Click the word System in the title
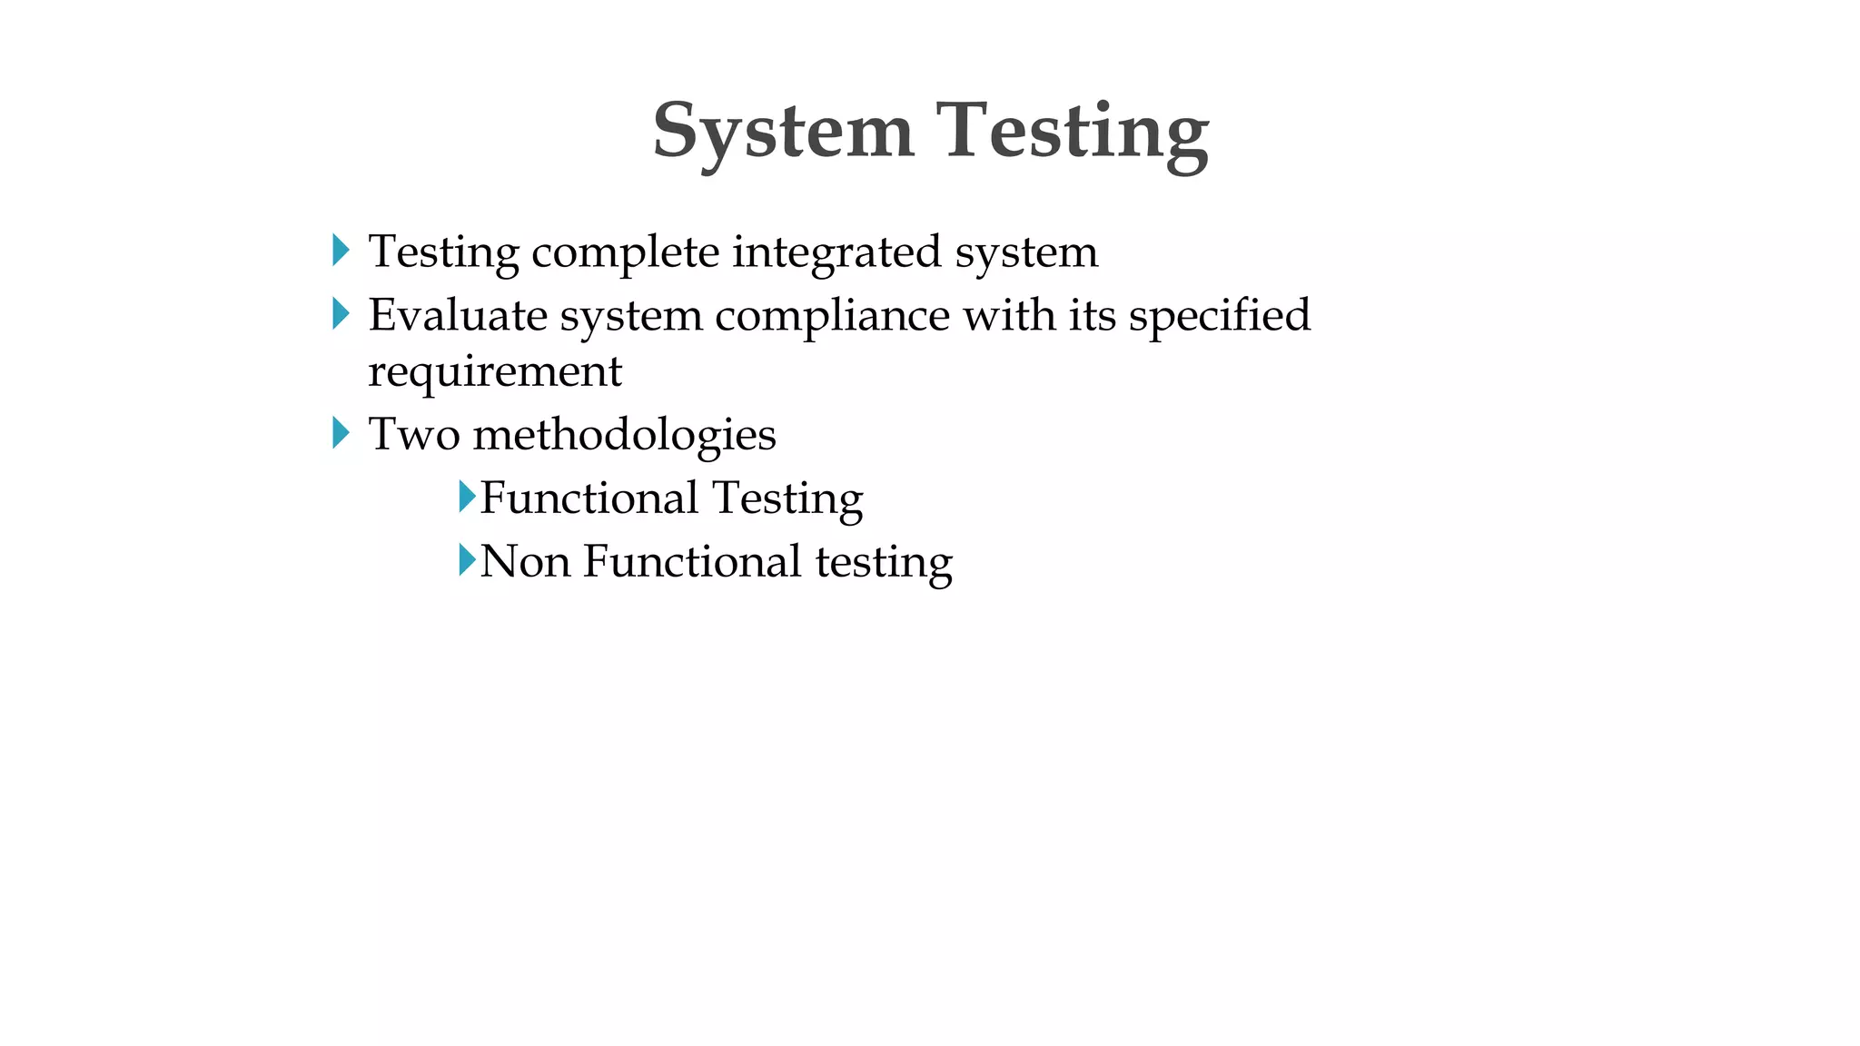783,132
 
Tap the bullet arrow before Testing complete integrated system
341,250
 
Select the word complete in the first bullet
625,252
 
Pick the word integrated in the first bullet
836,252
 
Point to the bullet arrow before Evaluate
341,314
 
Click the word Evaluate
457,315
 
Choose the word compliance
832,317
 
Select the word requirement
495,371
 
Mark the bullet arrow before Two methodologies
341,432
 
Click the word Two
414,434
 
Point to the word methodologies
625,436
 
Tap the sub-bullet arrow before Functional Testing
467,497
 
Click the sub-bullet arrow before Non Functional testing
467,559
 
